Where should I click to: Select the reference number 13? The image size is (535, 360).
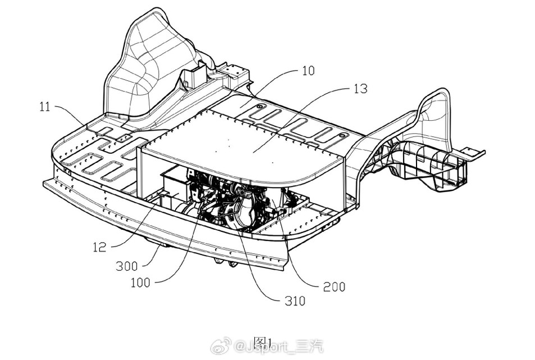[x=360, y=88]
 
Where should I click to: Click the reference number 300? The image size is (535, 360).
[x=126, y=266]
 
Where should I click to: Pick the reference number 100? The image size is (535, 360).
[x=140, y=282]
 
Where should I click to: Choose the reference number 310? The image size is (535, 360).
[x=294, y=301]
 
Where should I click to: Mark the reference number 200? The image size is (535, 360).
[x=334, y=286]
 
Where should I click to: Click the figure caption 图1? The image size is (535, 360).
[x=262, y=343]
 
